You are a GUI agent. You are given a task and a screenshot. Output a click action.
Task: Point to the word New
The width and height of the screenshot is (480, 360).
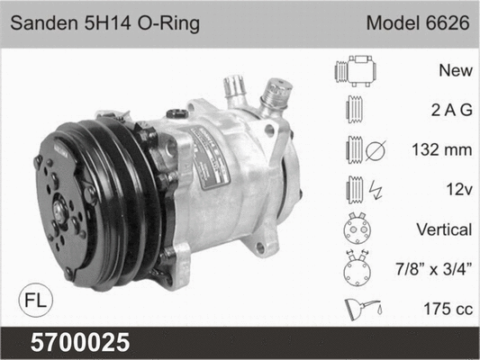click(456, 69)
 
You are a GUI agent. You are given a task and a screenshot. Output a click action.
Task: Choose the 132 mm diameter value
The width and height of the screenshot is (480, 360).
click(440, 150)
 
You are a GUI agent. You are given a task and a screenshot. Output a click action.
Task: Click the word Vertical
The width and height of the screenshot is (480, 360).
click(443, 230)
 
